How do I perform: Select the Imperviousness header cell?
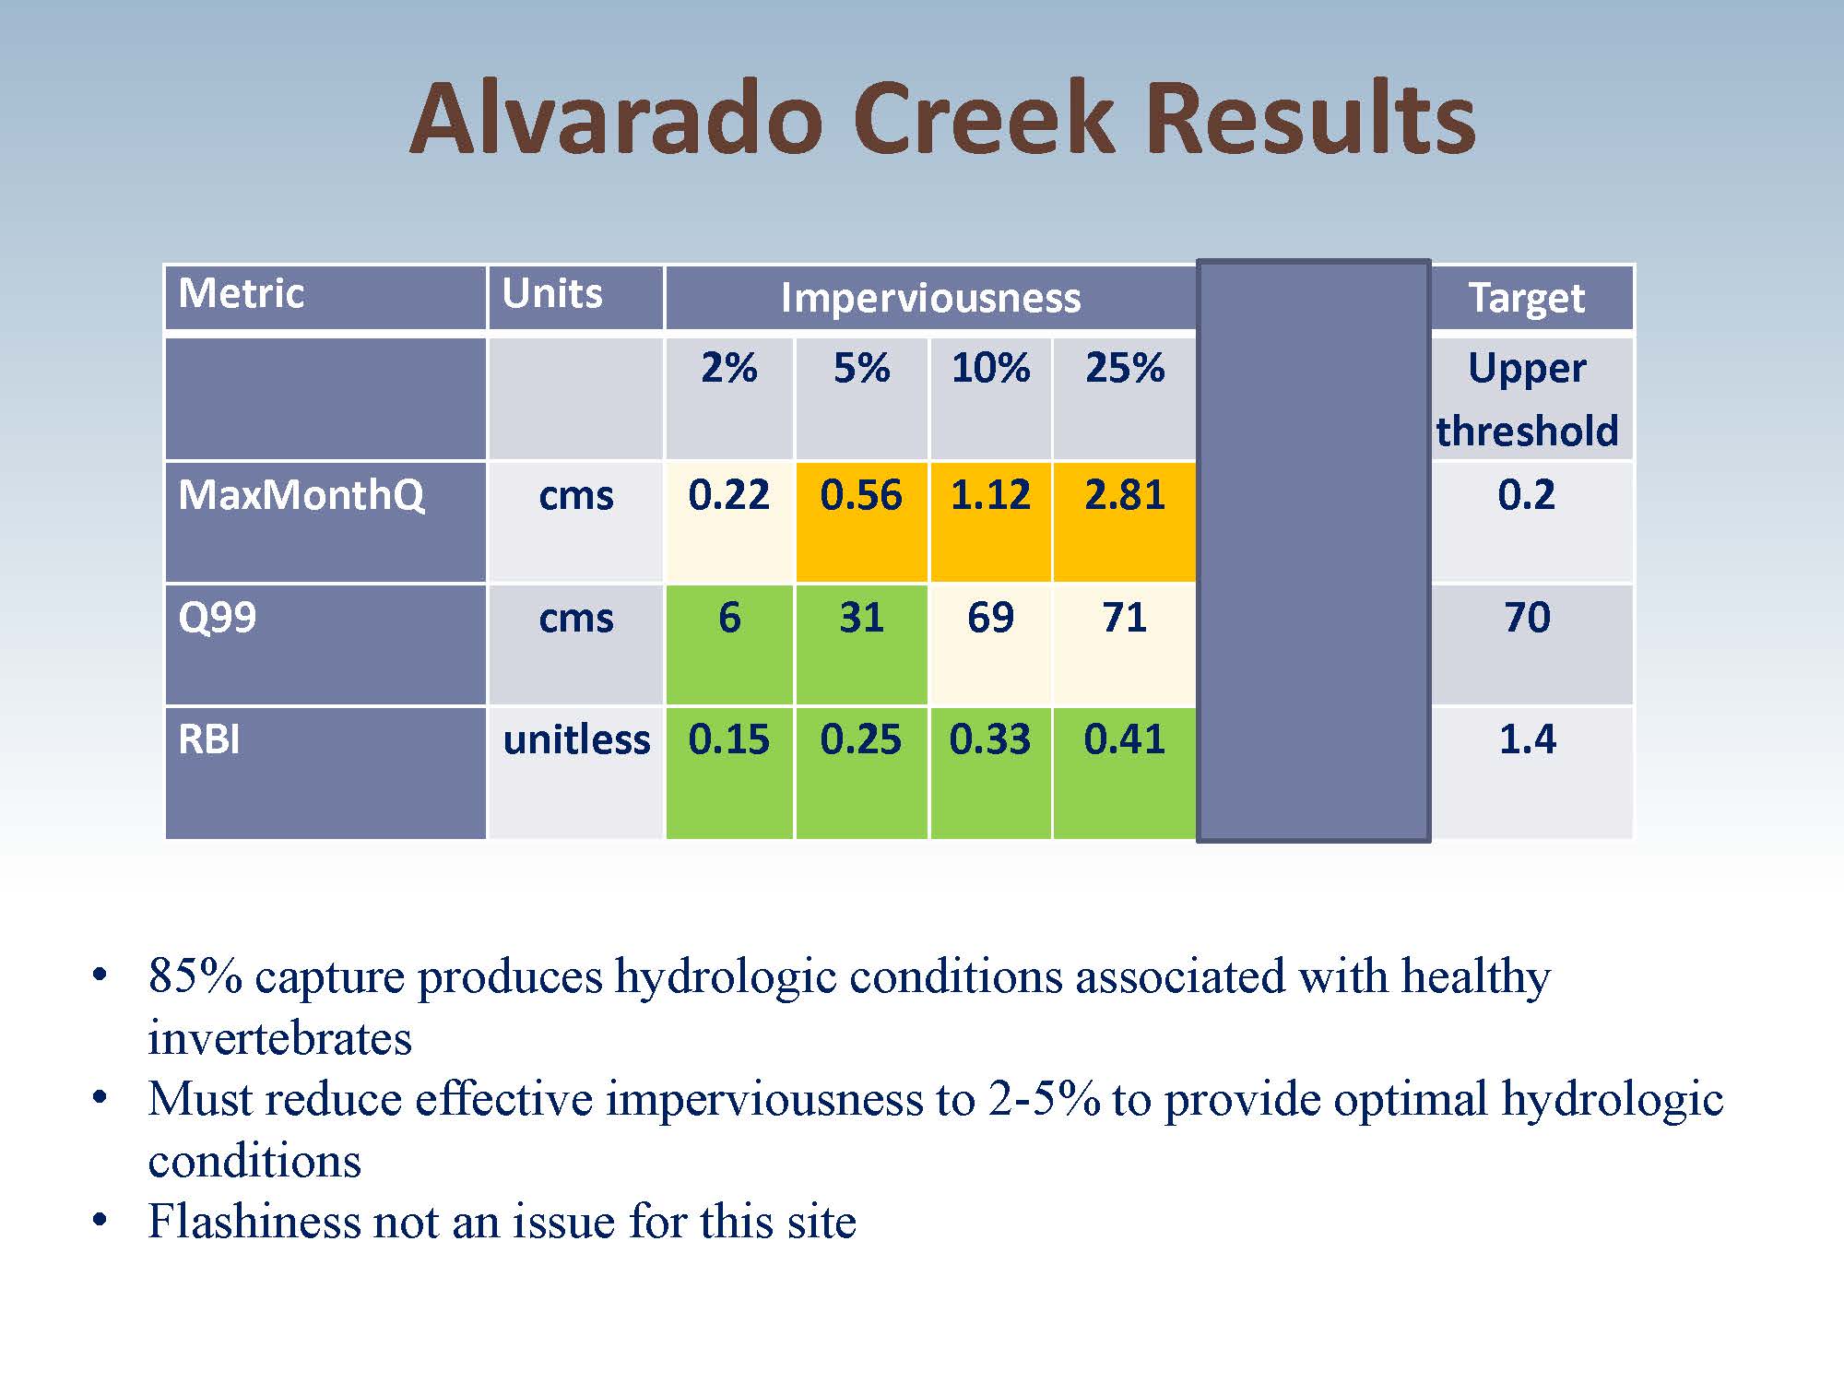pos(930,297)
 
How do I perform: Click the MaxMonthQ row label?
pos(301,496)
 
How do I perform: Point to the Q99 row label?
pos(218,617)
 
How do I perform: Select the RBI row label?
pos(209,739)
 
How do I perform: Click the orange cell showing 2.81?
pos(1124,522)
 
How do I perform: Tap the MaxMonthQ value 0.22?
pos(728,495)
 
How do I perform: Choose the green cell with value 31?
pos(861,644)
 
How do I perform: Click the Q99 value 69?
pos(990,617)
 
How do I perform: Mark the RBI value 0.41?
pos(1124,739)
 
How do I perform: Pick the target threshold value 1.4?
pos(1527,739)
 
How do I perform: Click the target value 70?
pos(1527,617)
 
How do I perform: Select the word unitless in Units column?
pos(576,739)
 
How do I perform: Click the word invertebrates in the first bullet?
pos(279,1038)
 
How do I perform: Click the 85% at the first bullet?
pos(195,975)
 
